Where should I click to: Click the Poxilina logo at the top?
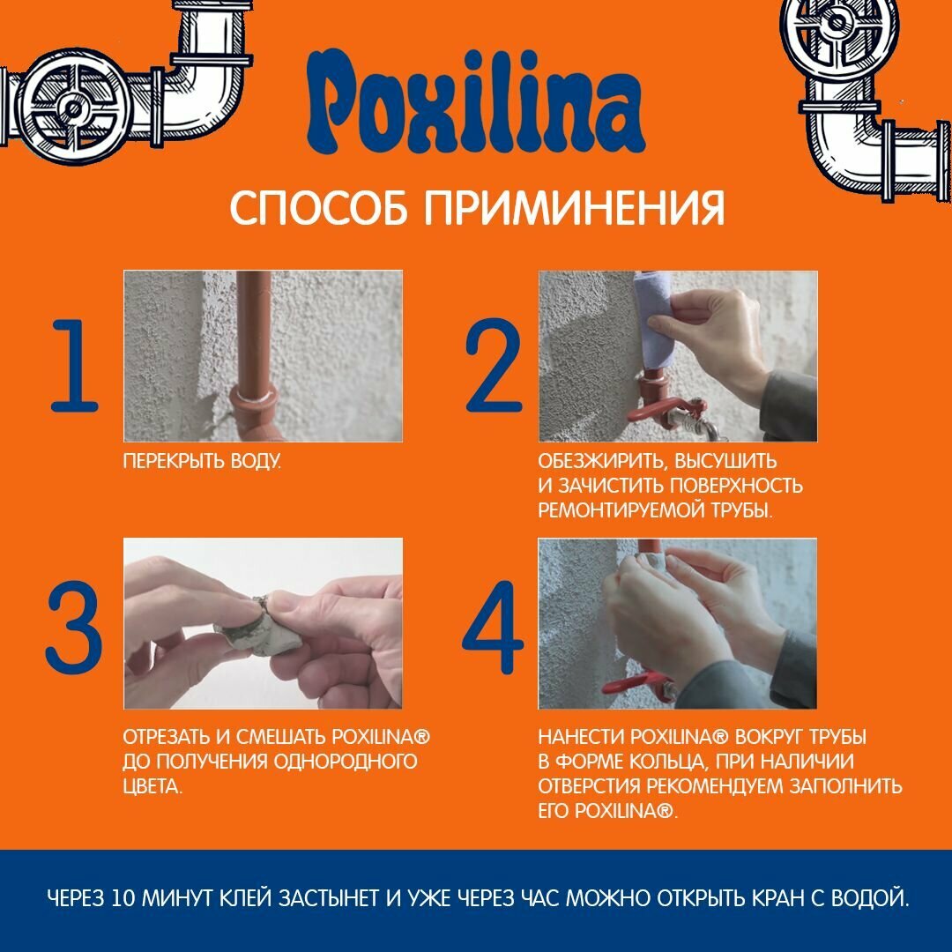[475, 101]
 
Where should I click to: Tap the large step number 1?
[75, 366]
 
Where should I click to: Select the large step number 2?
[493, 365]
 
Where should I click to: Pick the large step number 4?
[493, 627]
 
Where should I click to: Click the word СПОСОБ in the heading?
[319, 208]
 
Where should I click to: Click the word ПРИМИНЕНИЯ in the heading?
[575, 208]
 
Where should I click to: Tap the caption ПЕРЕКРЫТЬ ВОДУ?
[202, 461]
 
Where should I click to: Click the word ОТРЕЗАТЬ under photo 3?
[167, 737]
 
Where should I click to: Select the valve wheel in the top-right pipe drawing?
[837, 26]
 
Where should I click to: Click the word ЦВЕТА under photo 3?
[152, 787]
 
